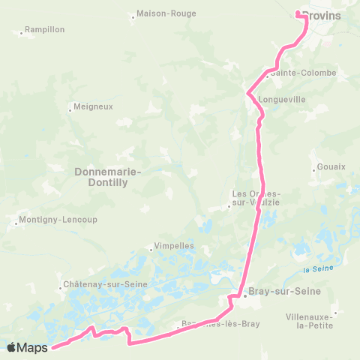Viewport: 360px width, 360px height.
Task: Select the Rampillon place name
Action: [44, 29]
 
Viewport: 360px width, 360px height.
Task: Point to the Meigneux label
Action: [94, 106]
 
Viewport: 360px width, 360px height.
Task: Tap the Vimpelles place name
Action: [173, 245]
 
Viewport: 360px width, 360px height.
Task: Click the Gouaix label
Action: [331, 166]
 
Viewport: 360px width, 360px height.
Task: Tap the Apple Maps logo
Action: [28, 347]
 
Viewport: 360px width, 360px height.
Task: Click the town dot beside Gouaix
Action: [313, 169]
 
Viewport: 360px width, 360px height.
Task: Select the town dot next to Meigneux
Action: [70, 109]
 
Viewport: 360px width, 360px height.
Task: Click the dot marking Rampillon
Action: [20, 32]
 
